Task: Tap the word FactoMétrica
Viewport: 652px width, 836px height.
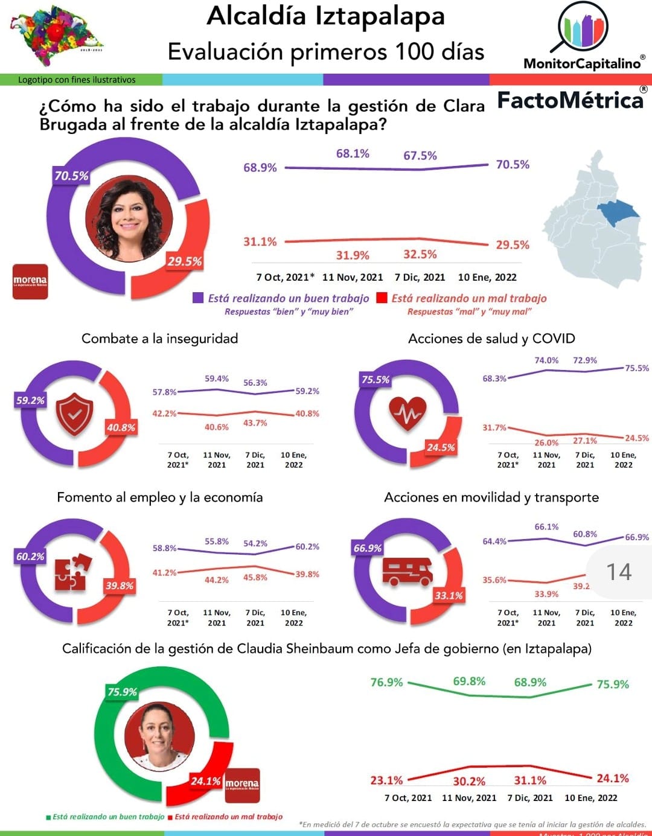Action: (570, 100)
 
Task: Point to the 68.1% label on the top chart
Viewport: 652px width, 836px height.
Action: (353, 154)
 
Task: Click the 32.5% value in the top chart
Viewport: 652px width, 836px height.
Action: (420, 254)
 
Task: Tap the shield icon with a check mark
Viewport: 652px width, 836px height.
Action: (74, 413)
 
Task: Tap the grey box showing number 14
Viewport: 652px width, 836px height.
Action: (619, 572)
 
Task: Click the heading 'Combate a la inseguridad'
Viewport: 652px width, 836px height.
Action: (159, 339)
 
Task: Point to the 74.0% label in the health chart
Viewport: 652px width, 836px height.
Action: (546, 360)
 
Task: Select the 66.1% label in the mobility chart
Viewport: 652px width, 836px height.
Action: (546, 527)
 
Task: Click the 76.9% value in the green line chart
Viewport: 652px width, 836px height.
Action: (386, 682)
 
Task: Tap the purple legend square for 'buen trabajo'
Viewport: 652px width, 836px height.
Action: (198, 298)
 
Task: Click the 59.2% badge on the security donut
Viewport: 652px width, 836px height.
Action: (30, 400)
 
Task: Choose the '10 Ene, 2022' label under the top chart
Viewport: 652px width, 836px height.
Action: (487, 277)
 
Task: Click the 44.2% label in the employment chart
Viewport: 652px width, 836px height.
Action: (217, 580)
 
